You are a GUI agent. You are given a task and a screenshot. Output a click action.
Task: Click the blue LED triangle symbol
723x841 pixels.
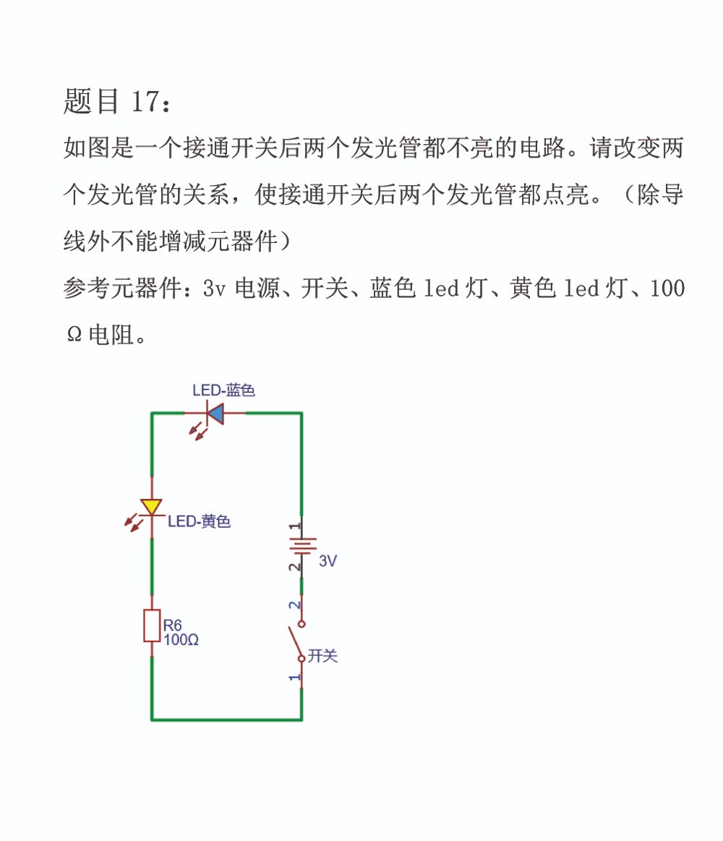point(215,414)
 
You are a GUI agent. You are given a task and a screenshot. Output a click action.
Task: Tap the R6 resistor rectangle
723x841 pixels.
point(152,626)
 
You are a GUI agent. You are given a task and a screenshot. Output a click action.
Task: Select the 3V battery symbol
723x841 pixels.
point(302,545)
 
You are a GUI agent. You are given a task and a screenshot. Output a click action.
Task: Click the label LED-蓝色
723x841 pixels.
point(223,390)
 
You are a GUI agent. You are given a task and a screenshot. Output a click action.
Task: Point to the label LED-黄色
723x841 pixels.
point(199,521)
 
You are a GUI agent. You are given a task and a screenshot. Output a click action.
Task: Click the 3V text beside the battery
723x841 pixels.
point(328,561)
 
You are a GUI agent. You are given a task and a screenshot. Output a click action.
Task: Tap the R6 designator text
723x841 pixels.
point(172,625)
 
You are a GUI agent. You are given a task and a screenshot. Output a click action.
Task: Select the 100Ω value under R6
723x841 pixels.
point(181,640)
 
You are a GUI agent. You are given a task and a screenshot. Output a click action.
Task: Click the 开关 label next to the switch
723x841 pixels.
point(322,655)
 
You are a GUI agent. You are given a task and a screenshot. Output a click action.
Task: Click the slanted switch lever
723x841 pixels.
point(295,642)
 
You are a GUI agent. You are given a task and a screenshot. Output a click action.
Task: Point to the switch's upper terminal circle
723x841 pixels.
point(301,624)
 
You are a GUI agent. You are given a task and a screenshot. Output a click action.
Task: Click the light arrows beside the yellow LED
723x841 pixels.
point(133,522)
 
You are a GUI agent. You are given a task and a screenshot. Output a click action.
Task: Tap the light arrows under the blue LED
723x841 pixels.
point(197,431)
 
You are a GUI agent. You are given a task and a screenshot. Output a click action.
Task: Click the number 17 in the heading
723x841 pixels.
point(145,101)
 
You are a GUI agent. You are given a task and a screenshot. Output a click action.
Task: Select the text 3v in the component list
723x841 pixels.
point(214,289)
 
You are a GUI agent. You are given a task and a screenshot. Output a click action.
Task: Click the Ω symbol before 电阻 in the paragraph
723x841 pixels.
point(74,336)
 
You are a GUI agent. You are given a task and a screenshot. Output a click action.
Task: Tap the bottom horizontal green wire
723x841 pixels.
point(227,720)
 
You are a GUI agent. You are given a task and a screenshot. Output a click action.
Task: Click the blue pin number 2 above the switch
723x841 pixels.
point(294,605)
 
